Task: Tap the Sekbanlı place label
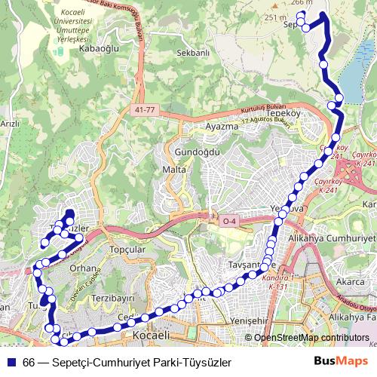pos(192,54)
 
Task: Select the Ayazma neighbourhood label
pos(221,126)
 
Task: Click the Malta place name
pos(174,170)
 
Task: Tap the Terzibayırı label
pos(112,299)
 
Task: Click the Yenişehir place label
pos(249,321)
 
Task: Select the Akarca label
pos(351,282)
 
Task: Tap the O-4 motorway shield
pos(228,221)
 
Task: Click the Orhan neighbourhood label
pos(80,268)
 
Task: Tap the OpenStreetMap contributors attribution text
pos(311,338)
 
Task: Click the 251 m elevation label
pos(277,17)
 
